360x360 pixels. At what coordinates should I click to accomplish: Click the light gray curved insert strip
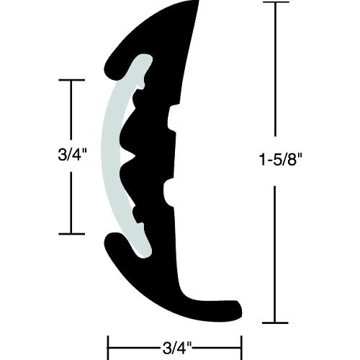(x=114, y=155)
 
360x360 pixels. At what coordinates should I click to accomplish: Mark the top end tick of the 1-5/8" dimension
(x=274, y=3)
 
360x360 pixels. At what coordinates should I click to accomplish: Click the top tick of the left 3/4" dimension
(x=71, y=81)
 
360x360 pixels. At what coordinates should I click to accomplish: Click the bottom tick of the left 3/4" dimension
(x=71, y=233)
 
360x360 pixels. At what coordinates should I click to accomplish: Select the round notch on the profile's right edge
(x=170, y=192)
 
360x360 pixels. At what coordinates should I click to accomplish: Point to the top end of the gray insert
(x=145, y=62)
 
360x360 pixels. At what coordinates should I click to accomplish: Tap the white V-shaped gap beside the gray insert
(x=129, y=153)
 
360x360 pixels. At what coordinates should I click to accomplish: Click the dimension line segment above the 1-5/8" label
(x=274, y=72)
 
